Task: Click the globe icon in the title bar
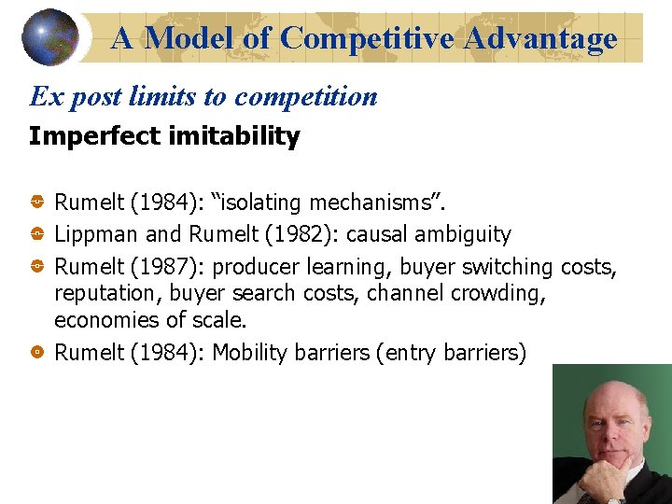(50, 37)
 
